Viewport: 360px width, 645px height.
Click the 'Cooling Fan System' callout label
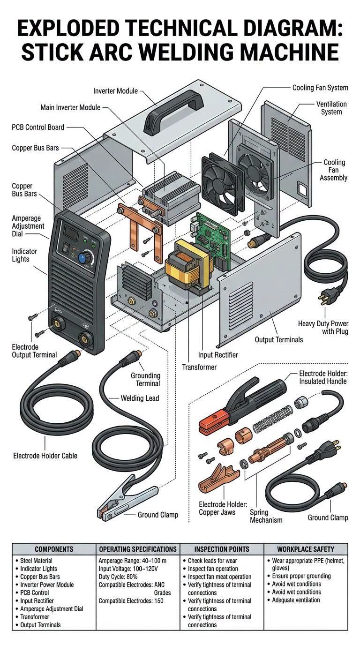tap(320, 88)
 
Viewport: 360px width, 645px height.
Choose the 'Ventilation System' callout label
tap(331, 108)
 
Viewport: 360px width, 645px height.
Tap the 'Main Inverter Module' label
tap(70, 107)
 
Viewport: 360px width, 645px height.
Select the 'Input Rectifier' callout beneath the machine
tap(218, 355)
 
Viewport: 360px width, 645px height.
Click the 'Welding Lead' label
tap(140, 398)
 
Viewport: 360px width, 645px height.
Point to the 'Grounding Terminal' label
tap(145, 380)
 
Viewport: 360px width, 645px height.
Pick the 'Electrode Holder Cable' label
tap(45, 456)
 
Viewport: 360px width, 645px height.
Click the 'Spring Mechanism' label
tap(266, 516)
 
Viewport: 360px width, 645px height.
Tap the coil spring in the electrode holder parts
tap(272, 419)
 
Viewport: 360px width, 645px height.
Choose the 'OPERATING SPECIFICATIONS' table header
tap(138, 549)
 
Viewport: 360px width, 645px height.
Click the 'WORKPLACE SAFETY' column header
tap(306, 549)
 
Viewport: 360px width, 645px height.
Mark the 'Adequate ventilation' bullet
tap(296, 600)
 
